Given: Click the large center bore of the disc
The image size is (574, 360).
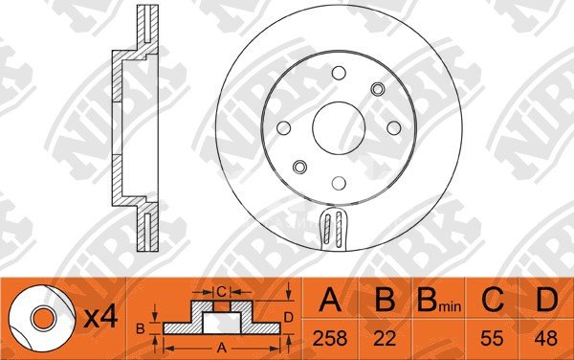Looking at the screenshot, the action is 339,128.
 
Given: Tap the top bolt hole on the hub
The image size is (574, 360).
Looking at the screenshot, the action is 339,73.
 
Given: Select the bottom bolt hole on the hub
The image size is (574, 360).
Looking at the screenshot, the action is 339,183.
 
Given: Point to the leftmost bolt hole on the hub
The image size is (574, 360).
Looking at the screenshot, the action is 284,127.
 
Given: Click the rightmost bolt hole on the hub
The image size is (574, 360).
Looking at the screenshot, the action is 394,127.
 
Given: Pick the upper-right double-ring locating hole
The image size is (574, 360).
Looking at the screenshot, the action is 378,89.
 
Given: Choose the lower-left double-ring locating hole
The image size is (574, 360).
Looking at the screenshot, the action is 299,167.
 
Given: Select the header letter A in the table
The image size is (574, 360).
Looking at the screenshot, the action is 330,300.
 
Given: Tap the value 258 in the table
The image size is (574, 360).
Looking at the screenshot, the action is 330,338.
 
